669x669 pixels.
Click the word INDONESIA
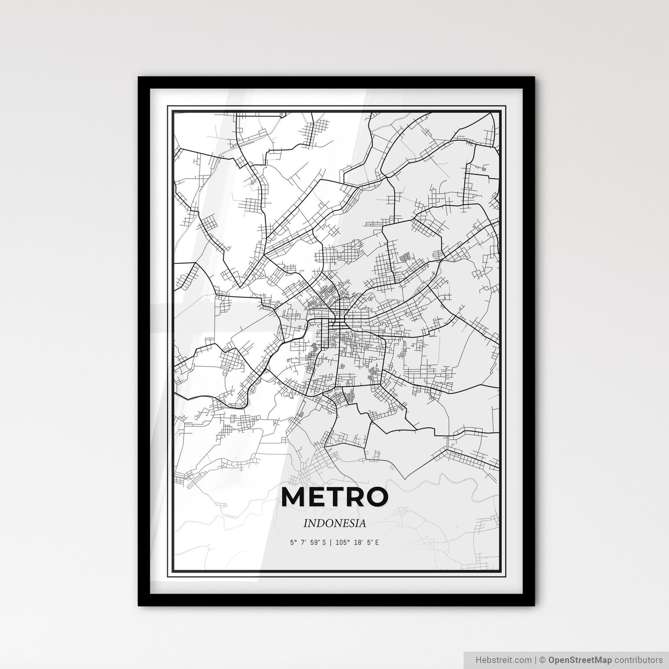(x=334, y=523)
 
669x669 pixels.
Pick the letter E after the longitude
(x=377, y=542)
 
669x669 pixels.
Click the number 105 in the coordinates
(x=340, y=542)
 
